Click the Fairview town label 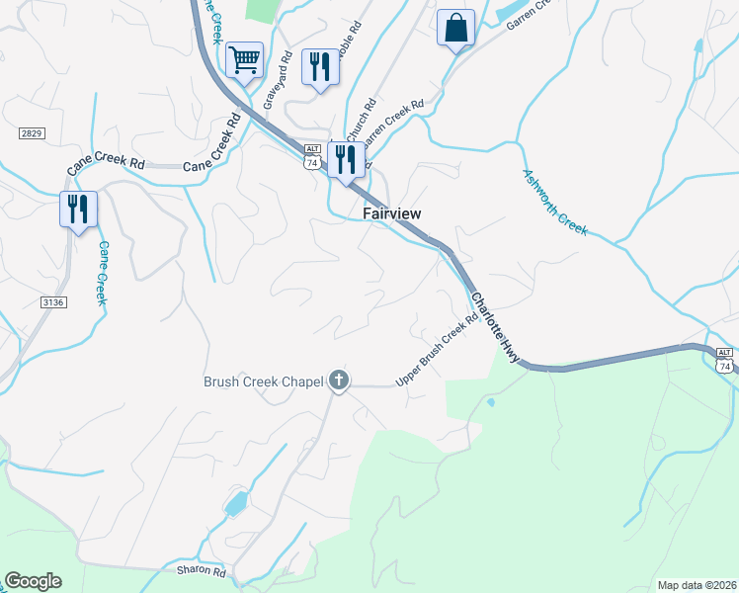pos(392,213)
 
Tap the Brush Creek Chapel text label pos(264,381)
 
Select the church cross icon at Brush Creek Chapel pos(339,380)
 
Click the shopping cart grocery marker pos(243,59)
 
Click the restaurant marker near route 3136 pos(78,210)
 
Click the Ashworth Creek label pos(555,202)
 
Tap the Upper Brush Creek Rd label pos(431,357)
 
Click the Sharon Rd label pos(202,572)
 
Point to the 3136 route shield pos(54,302)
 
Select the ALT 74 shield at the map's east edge pos(725,360)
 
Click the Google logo pos(33,581)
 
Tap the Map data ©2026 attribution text pos(696,585)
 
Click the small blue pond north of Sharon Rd pos(236,504)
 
